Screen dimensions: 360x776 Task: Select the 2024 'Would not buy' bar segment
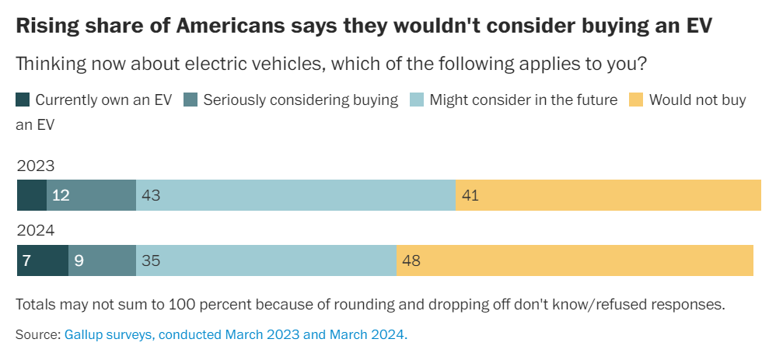pyautogui.click(x=575, y=260)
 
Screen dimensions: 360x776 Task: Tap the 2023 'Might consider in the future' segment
pyautogui.click(x=295, y=195)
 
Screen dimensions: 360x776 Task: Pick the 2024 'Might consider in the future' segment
pyautogui.click(x=266, y=260)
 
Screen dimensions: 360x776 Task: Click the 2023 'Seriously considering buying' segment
pyautogui.click(x=91, y=195)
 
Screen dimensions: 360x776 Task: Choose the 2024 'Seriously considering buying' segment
pyautogui.click(x=102, y=260)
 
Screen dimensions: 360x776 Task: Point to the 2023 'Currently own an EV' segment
pyautogui.click(x=32, y=195)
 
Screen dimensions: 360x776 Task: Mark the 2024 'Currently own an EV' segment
pyautogui.click(x=43, y=260)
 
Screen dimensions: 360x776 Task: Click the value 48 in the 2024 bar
pyautogui.click(x=411, y=260)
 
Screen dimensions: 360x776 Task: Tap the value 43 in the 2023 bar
pyautogui.click(x=151, y=195)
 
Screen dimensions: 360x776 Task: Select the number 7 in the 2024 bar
pyautogui.click(x=26, y=260)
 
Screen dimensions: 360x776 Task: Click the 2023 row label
pyautogui.click(x=35, y=165)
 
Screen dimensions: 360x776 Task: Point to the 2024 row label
pyautogui.click(x=35, y=231)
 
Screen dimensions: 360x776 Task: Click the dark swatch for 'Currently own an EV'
pyautogui.click(x=23, y=100)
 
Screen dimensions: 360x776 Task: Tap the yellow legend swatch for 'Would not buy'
pyautogui.click(x=636, y=100)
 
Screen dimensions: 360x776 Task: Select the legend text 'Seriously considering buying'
pyautogui.click(x=300, y=100)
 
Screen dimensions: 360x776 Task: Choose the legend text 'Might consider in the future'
pyautogui.click(x=523, y=100)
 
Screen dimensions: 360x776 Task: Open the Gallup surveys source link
pyautogui.click(x=236, y=335)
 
